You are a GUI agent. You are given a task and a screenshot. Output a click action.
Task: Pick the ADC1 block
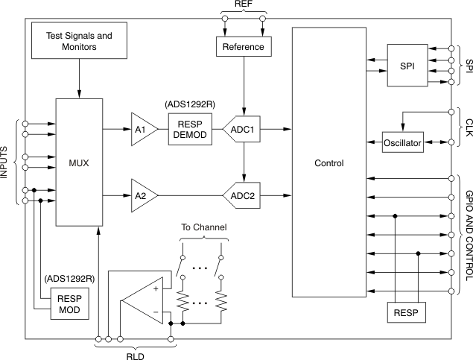tap(244, 128)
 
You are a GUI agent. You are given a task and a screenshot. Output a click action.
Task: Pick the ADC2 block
tap(244, 195)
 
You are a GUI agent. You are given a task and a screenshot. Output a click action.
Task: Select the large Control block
tap(328, 162)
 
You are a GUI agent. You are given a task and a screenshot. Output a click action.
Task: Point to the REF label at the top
tap(244, 5)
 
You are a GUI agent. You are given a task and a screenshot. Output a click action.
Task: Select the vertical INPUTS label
tap(6, 162)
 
